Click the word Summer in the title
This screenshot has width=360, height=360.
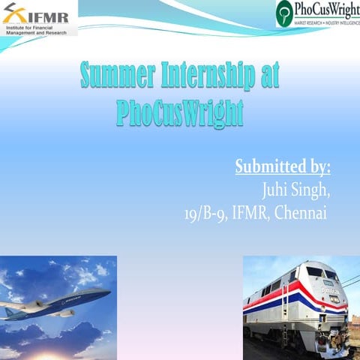115,76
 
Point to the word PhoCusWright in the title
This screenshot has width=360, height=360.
180,113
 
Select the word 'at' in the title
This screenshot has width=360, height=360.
268,76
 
